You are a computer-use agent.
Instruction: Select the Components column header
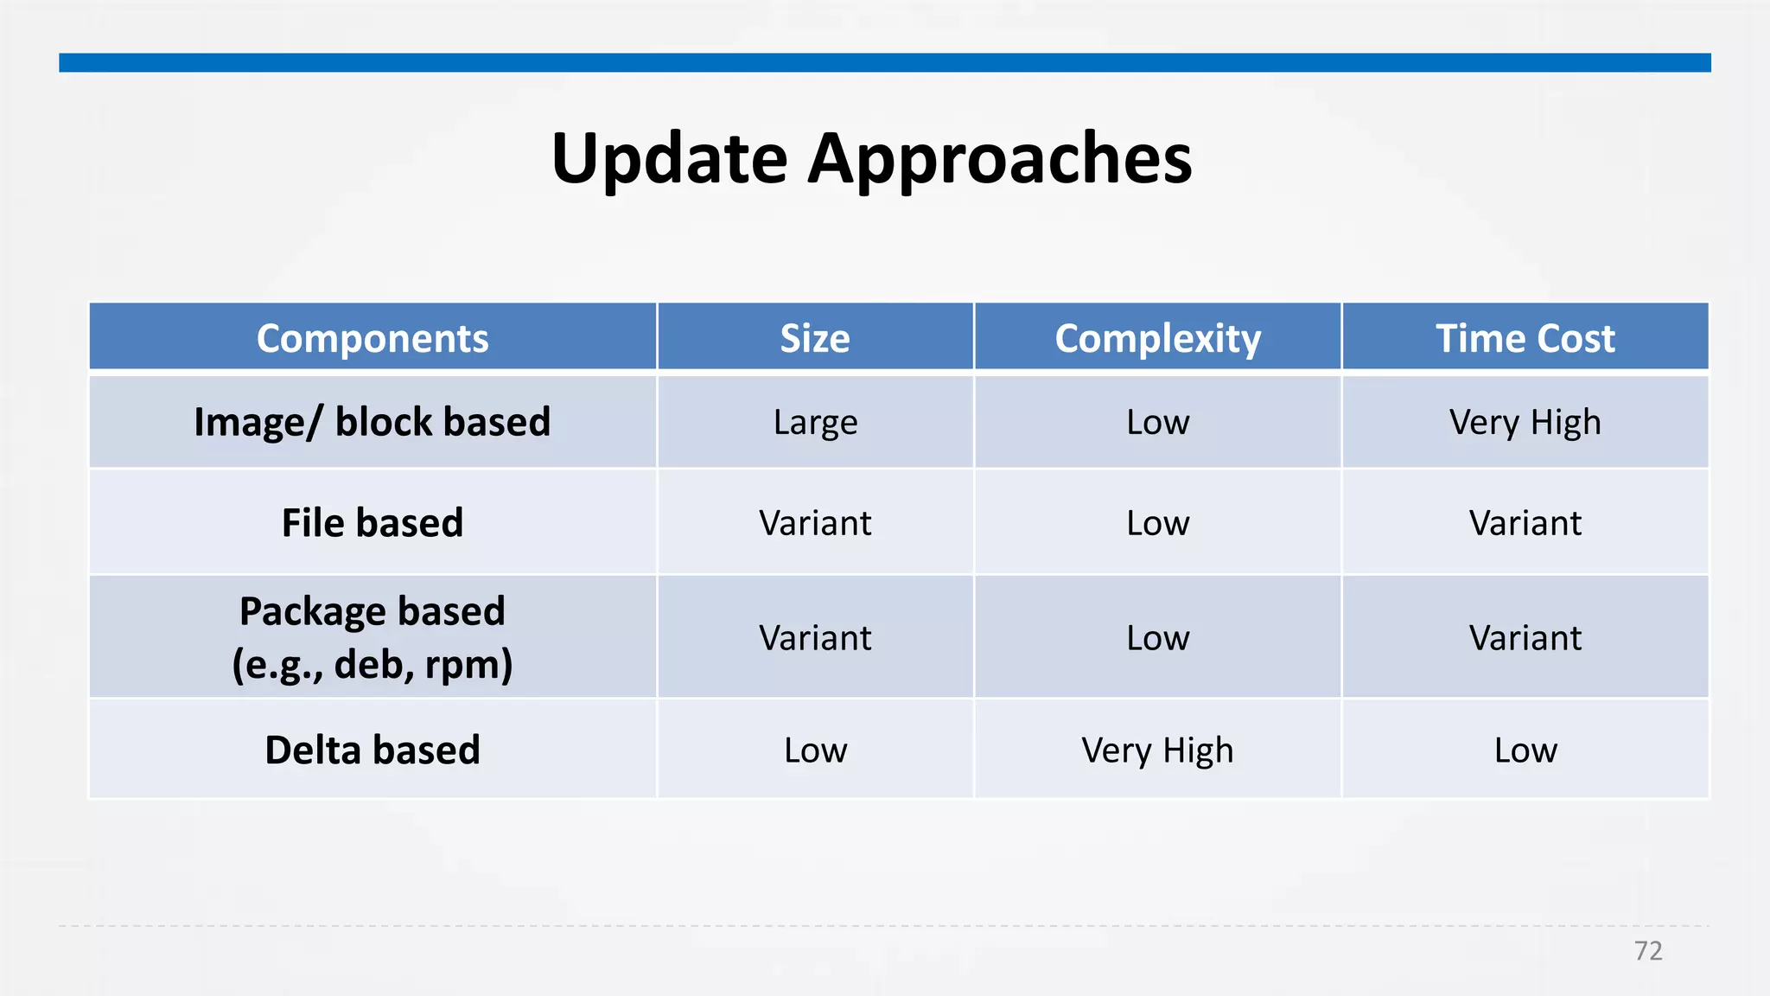click(372, 338)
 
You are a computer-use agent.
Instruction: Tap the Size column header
click(815, 338)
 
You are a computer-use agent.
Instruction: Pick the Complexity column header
click(1157, 338)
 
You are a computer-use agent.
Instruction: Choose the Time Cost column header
click(1525, 338)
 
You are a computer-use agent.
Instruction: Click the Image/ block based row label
click(372, 422)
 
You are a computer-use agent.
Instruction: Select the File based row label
click(372, 523)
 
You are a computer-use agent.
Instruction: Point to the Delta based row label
click(372, 750)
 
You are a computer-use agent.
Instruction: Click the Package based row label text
click(372, 612)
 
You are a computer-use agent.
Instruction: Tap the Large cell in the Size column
click(815, 422)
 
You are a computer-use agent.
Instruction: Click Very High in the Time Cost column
click(1525, 422)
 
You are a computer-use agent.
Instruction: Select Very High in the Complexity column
click(1157, 750)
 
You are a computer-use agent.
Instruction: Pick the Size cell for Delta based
click(815, 750)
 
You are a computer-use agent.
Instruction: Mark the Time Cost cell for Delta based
click(1525, 750)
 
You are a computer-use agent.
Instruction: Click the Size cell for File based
click(815, 523)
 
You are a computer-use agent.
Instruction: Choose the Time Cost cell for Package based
click(1525, 638)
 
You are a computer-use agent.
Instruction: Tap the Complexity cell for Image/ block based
click(1157, 422)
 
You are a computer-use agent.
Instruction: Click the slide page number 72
click(1647, 951)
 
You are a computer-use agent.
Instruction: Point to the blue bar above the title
click(885, 62)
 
